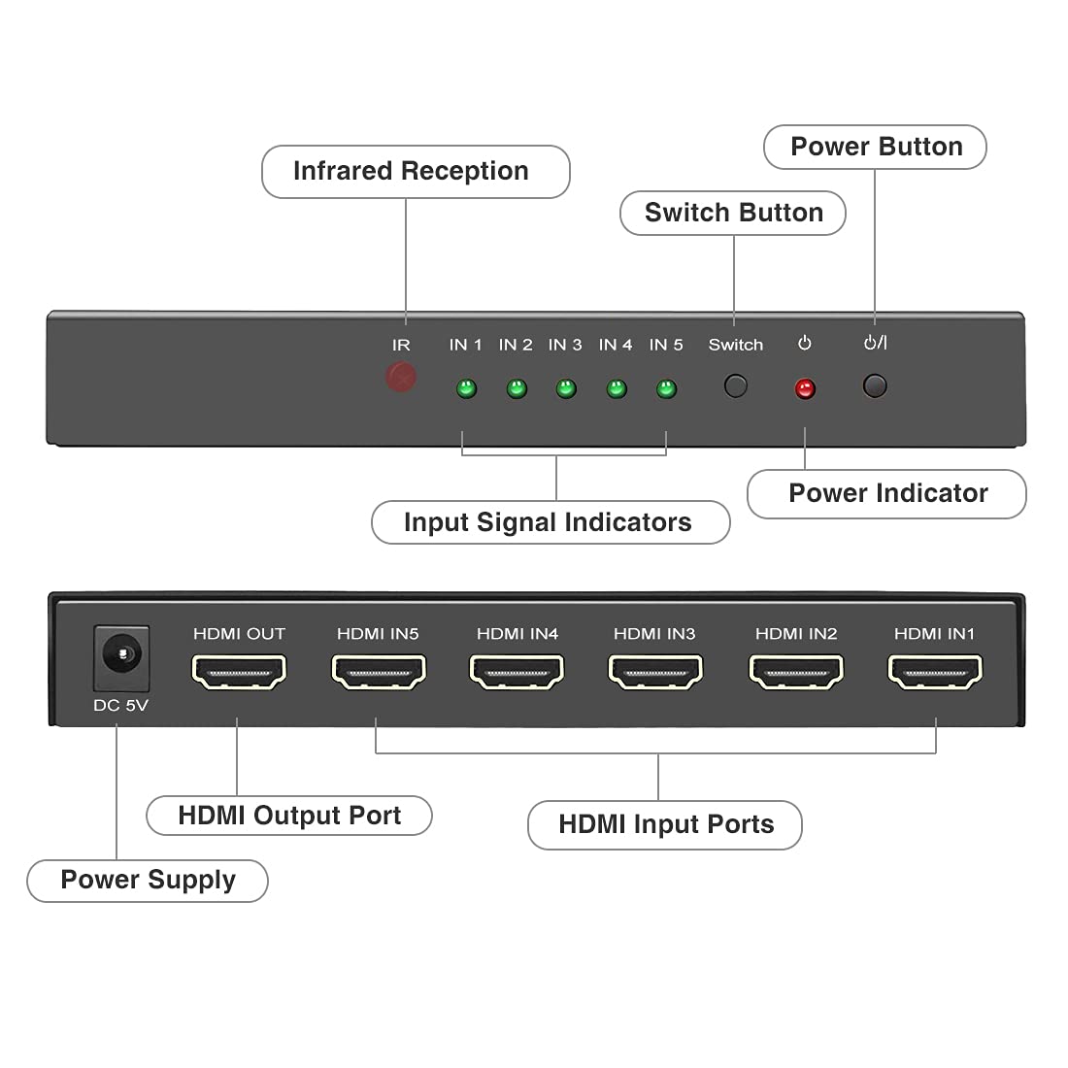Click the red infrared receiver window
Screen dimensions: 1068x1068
click(x=401, y=377)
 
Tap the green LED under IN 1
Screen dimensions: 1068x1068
click(x=466, y=389)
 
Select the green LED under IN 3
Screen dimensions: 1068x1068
click(x=566, y=389)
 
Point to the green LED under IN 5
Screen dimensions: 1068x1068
click(x=666, y=389)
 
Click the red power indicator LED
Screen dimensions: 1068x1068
click(x=805, y=389)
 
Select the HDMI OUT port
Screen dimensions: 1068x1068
click(x=239, y=671)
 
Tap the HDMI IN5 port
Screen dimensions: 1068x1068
click(x=379, y=671)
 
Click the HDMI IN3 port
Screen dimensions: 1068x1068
click(x=654, y=671)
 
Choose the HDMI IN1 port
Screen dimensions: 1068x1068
click(x=935, y=671)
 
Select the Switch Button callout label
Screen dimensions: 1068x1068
click(x=733, y=213)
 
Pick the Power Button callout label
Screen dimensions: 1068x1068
click(x=876, y=147)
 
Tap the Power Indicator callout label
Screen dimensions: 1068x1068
click(x=886, y=493)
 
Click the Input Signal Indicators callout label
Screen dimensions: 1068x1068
click(x=550, y=522)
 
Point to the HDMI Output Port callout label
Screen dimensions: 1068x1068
click(x=289, y=816)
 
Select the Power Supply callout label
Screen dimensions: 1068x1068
click(x=148, y=880)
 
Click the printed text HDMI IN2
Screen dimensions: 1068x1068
click(x=796, y=634)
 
